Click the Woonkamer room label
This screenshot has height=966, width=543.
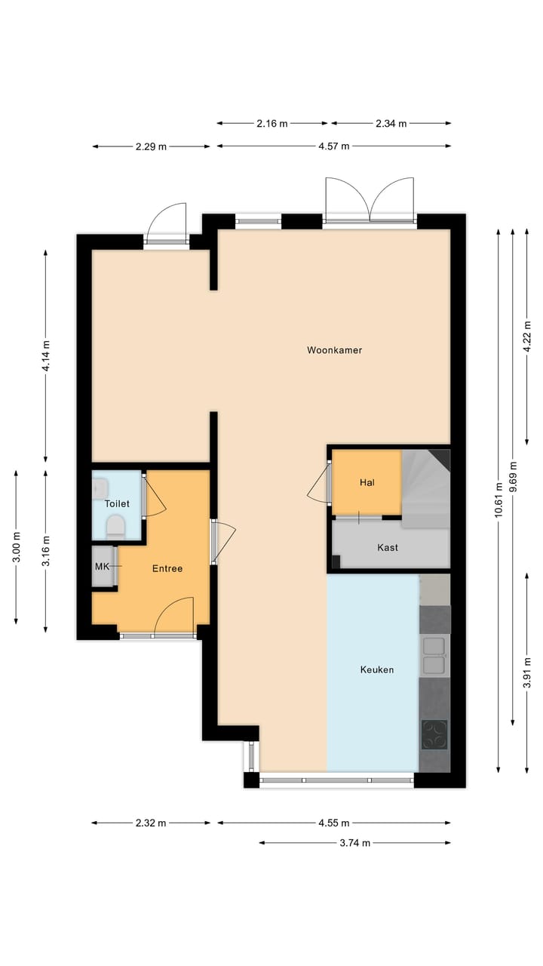click(334, 350)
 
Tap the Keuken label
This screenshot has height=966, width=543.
click(376, 669)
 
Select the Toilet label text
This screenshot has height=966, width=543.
click(117, 503)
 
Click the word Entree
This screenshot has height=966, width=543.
click(167, 568)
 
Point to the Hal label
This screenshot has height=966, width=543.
click(367, 482)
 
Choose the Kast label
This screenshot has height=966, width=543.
click(388, 547)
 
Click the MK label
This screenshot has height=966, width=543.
click(102, 566)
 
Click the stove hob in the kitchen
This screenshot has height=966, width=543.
click(434, 734)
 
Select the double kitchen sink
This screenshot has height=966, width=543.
click(434, 655)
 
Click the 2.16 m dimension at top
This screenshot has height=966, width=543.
click(272, 124)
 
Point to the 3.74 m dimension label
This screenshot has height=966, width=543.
click(354, 843)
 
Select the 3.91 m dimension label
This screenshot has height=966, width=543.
click(527, 669)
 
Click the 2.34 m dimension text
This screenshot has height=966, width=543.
click(391, 124)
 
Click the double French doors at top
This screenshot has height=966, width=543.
click(370, 201)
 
